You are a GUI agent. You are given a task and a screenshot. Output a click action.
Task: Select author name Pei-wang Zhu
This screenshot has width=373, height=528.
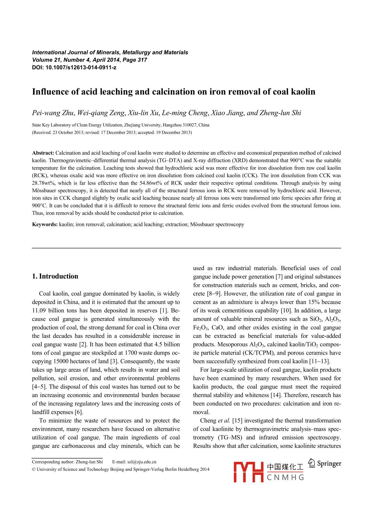tap(53, 113)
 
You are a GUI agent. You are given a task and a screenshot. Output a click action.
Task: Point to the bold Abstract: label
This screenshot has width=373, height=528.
tap(43, 153)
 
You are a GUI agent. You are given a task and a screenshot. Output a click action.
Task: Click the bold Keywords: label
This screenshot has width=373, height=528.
tap(45, 225)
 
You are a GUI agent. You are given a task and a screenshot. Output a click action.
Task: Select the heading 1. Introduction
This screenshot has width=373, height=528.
tap(55, 276)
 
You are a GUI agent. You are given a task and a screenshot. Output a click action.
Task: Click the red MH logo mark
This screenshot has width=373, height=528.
tap(248, 472)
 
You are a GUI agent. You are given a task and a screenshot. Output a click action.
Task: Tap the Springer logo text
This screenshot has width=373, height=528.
tap(329, 464)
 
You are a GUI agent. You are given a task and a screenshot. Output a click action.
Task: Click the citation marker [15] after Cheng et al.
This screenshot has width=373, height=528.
tap(237, 421)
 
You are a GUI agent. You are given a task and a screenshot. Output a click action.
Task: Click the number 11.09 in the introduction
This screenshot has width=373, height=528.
tap(39, 311)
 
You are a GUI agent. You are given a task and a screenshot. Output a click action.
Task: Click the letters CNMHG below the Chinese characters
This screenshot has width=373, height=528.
tap(285, 477)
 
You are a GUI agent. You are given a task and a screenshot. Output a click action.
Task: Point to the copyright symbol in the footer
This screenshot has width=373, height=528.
tap(34, 469)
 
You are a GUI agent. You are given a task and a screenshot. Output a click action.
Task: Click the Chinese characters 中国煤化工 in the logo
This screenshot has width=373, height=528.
tap(285, 467)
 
